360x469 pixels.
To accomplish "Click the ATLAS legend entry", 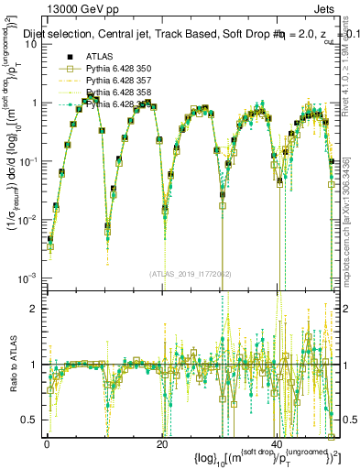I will pos(100,57).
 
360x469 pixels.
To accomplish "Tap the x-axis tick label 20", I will pos(162,444).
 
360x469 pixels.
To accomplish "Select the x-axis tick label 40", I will pos(277,444).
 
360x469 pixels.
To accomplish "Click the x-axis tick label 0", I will pos(47,444).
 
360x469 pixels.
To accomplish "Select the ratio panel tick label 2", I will pos(36,309).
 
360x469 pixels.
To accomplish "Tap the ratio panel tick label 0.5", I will pos(31,420).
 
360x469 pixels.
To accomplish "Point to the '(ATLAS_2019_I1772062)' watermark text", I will pos(191,273).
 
